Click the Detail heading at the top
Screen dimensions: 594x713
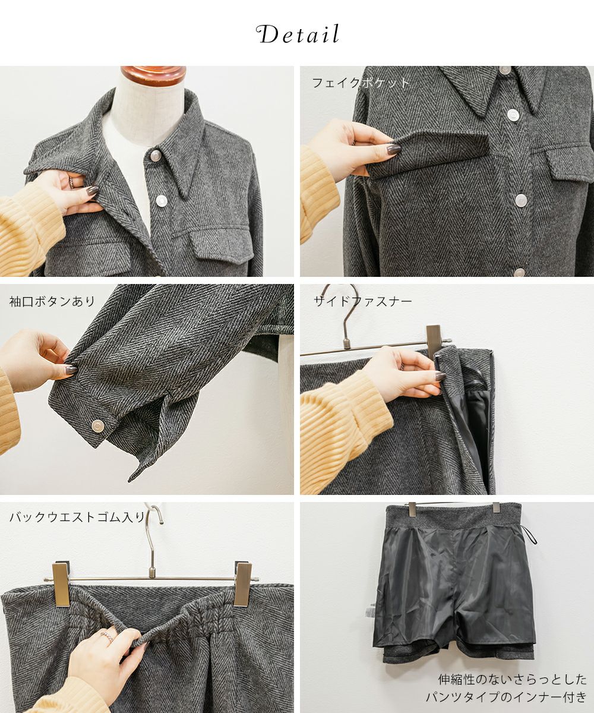coord(298,34)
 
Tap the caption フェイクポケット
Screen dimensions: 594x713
coord(361,83)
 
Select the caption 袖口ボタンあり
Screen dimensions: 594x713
coord(52,301)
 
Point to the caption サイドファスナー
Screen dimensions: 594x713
coord(362,301)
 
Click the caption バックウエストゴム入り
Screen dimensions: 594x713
coord(77,518)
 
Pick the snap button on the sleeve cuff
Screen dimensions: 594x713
coord(98,426)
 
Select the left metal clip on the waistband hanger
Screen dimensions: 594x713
coord(61,585)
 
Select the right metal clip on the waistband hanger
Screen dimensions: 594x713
coord(243,585)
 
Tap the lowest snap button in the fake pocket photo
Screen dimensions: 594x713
coord(520,272)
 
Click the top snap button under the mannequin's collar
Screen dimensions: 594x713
coord(156,156)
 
